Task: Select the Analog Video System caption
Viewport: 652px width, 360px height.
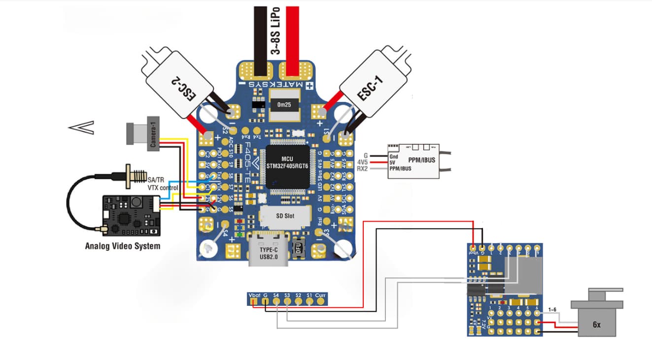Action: click(x=123, y=245)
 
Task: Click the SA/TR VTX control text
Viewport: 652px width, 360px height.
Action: click(x=163, y=184)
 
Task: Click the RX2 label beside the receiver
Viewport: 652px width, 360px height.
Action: click(x=362, y=169)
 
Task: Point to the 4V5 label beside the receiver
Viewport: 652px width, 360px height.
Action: click(x=362, y=162)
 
